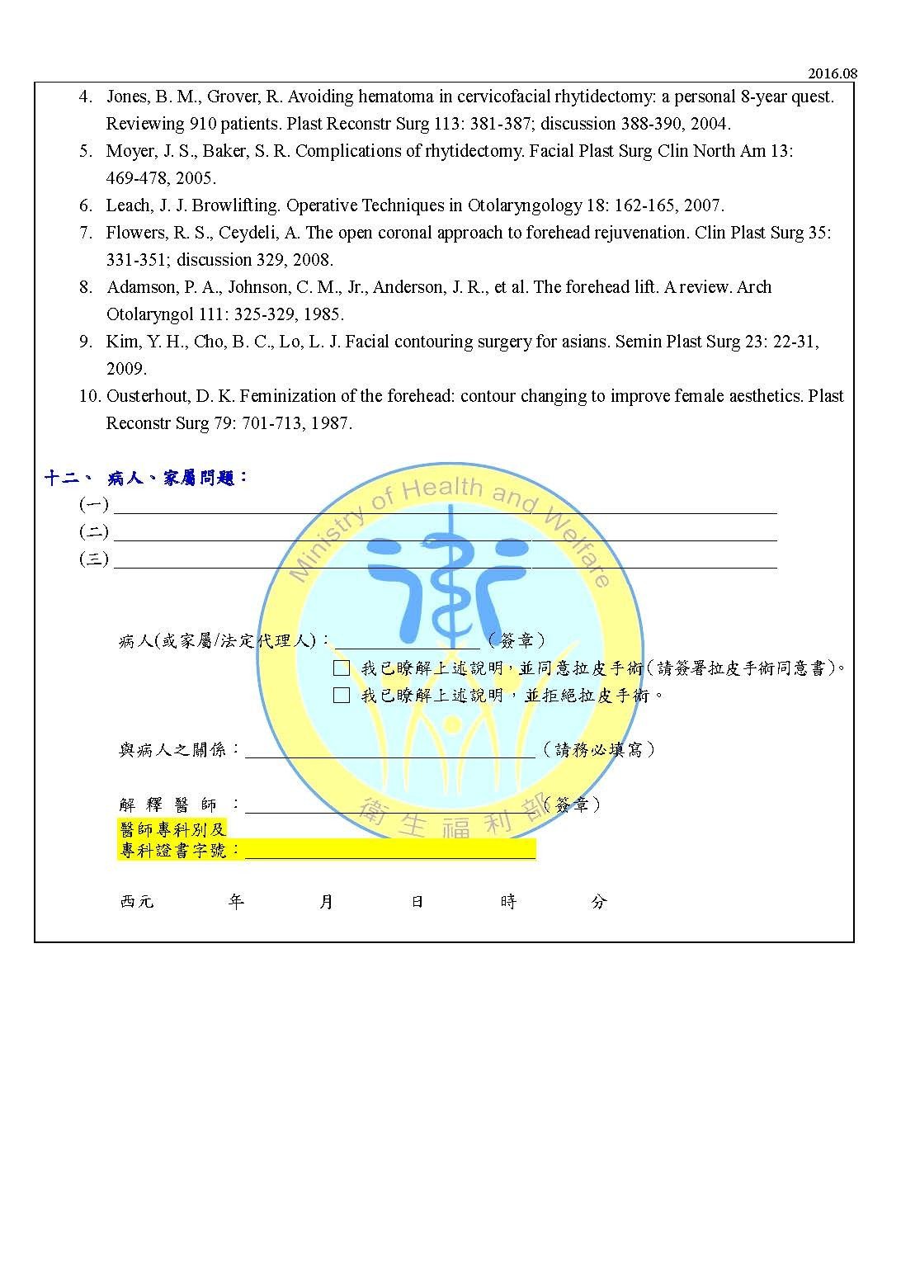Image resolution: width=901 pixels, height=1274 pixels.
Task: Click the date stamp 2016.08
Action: (833, 73)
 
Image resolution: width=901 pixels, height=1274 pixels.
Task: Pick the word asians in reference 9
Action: (584, 342)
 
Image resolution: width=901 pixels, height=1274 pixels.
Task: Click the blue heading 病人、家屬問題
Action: (177, 478)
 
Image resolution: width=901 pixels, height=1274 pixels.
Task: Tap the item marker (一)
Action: (94, 505)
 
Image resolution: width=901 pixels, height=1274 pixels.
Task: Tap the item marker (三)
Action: (94, 559)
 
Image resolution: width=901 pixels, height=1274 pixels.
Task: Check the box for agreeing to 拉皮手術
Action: (342, 668)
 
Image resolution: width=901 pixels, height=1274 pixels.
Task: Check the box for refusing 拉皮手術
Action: (342, 695)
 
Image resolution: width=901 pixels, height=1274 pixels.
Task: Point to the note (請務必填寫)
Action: (599, 749)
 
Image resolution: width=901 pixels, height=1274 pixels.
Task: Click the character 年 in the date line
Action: (236, 902)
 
